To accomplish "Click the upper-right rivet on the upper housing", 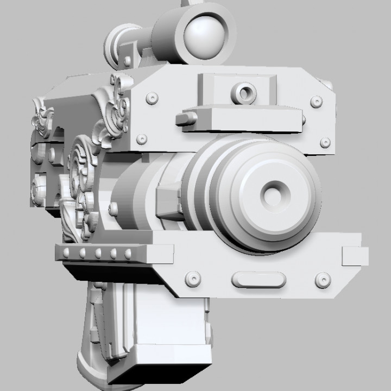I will [x=315, y=102].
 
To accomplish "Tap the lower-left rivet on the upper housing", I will [x=142, y=138].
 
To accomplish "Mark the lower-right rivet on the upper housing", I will [x=325, y=142].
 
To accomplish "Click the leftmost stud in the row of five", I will [x=67, y=253].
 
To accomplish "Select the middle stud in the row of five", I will [x=98, y=253].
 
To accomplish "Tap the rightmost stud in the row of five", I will [x=129, y=253].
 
